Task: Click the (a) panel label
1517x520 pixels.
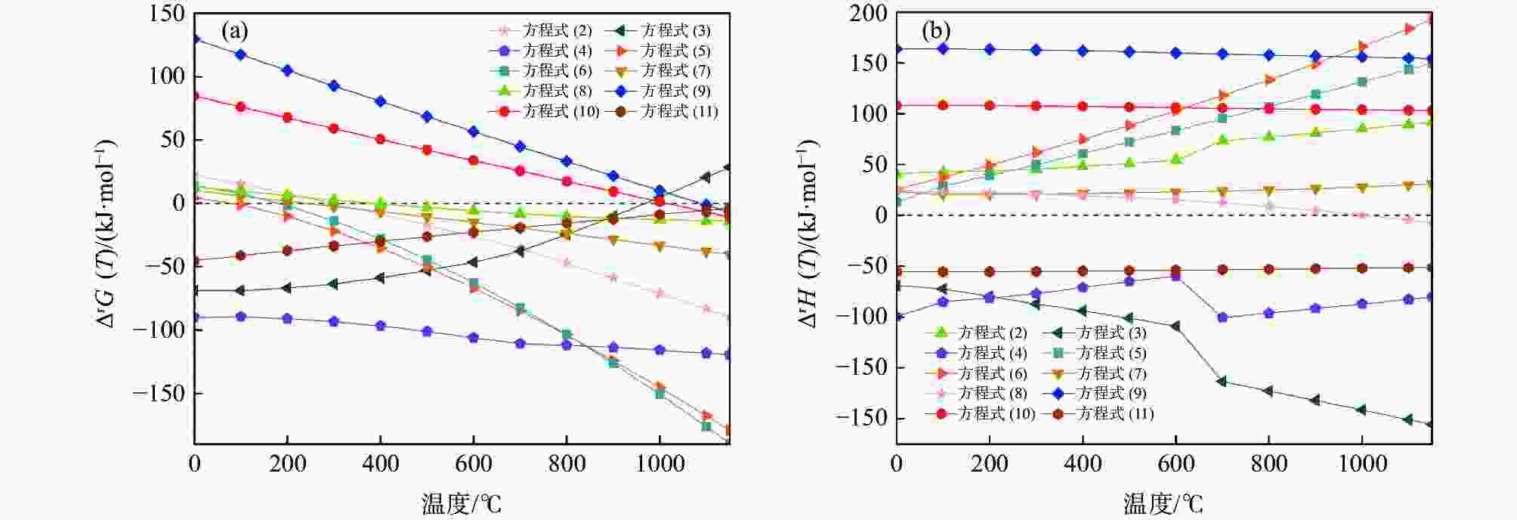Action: coord(234,31)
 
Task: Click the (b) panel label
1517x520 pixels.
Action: coord(936,31)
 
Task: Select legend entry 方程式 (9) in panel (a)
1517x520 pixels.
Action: coord(675,91)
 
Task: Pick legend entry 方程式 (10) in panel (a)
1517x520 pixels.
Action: coord(560,111)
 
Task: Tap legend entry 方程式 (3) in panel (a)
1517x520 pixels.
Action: coord(675,31)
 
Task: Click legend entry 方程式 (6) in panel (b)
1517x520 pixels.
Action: coord(992,373)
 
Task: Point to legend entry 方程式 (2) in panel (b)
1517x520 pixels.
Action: coord(992,333)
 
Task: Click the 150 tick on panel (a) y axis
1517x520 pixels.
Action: coord(167,14)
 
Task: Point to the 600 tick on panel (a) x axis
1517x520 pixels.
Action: coord(474,463)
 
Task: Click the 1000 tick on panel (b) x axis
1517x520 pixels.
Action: coord(1362,463)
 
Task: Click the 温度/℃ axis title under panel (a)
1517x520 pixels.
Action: coord(462,503)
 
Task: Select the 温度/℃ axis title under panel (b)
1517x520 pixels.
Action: coord(1163,503)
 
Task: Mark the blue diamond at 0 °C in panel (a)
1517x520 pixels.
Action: coord(195,39)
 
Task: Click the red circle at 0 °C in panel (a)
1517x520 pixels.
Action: coord(195,96)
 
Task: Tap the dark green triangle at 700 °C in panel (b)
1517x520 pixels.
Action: coord(1222,381)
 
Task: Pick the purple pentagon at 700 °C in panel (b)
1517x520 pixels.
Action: coord(1222,317)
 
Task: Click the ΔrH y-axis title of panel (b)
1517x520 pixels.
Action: coord(809,234)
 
